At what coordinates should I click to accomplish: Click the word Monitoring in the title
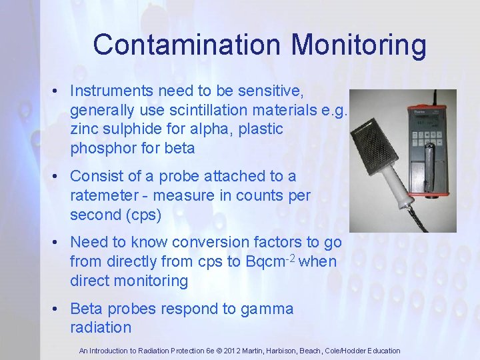point(359,45)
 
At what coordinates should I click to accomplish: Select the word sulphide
point(126,128)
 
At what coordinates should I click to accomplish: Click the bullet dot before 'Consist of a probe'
point(58,177)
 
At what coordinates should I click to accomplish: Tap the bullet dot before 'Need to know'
point(58,243)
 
